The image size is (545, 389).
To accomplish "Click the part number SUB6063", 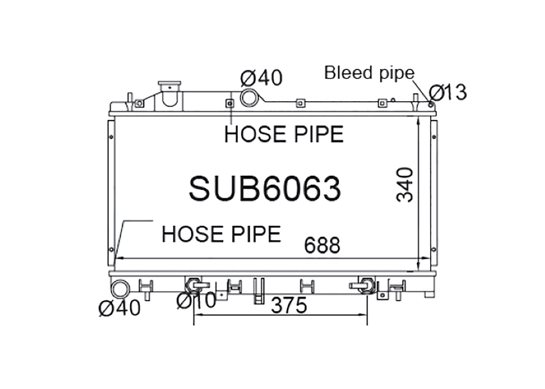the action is [x=265, y=188].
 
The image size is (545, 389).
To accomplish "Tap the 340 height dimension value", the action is [x=405, y=185].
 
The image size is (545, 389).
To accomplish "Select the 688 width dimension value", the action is [x=322, y=245].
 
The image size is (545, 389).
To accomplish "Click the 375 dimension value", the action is [x=289, y=305].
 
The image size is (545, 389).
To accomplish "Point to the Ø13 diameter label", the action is [x=448, y=92].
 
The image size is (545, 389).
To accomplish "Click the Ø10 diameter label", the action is [x=196, y=300].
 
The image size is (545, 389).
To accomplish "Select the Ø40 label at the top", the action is [x=261, y=78].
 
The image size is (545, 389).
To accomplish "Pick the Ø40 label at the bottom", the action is [x=120, y=308].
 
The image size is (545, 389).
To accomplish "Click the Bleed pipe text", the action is [x=370, y=73].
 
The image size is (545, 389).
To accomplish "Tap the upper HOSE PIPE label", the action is [x=284, y=134].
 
